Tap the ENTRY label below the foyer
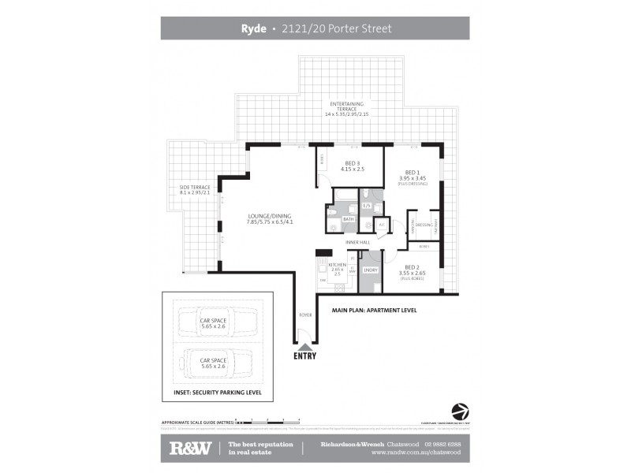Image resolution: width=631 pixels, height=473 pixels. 304,356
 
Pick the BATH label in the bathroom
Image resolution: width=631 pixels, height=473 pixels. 347,219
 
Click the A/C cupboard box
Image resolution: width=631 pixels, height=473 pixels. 381,225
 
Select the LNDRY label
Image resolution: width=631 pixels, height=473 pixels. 371,270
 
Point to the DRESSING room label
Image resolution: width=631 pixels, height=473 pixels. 423,225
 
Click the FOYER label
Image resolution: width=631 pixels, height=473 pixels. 304,315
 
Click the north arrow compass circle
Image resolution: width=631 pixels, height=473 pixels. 458,412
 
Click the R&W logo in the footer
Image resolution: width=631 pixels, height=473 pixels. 189,449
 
